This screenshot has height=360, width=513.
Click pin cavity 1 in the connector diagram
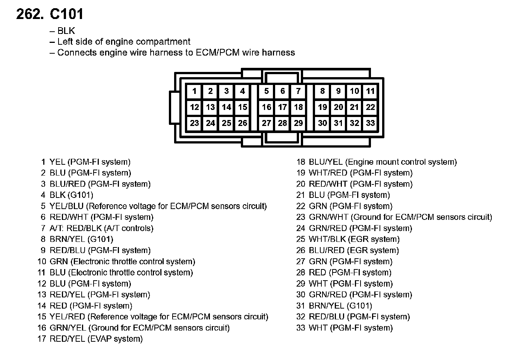pyautogui.click(x=194, y=91)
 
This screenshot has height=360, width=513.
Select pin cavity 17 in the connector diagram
pyautogui.click(x=283, y=107)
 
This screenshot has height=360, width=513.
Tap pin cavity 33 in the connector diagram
pyautogui.click(x=370, y=123)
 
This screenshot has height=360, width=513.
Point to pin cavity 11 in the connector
pyautogui.click(x=370, y=91)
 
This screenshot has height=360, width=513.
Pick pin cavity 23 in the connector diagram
pyautogui.click(x=194, y=123)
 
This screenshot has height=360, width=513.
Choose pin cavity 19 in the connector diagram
pyautogui.click(x=322, y=107)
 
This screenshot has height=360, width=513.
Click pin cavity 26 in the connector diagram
pyautogui.click(x=243, y=123)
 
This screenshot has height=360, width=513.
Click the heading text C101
pyautogui.click(x=66, y=14)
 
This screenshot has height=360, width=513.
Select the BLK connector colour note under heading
pyautogui.click(x=66, y=31)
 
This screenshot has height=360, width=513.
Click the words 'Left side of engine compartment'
pyautogui.click(x=124, y=42)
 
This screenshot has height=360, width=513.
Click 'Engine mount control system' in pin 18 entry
pyautogui.click(x=401, y=162)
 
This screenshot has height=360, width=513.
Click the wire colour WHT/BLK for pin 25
pyautogui.click(x=327, y=239)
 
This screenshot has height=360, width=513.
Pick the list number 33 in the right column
pyautogui.click(x=301, y=328)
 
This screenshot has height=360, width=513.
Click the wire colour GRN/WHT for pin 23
pyautogui.click(x=328, y=217)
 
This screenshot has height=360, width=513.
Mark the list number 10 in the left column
pyautogui.click(x=41, y=262)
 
